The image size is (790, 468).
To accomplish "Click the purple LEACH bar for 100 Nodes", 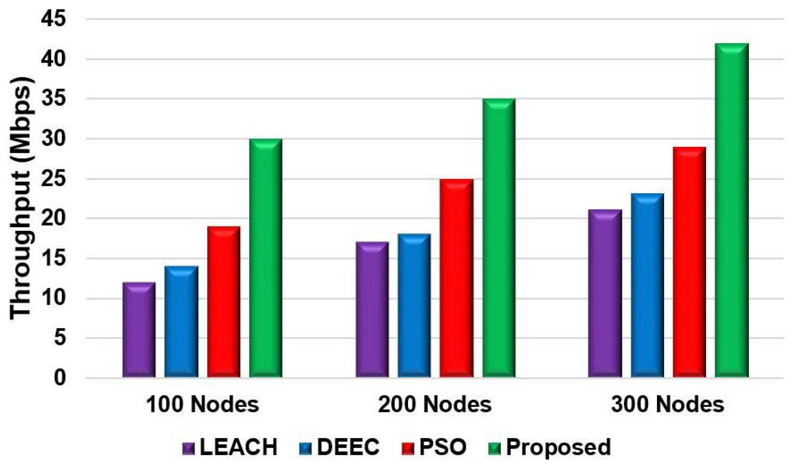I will tap(139, 330).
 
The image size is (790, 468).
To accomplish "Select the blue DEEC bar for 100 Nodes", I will tap(181, 321).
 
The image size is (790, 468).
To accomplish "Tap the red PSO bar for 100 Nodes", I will tap(224, 302).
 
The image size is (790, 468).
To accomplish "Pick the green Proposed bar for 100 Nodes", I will tap(266, 258).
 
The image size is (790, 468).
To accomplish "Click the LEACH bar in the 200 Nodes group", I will tap(372, 310).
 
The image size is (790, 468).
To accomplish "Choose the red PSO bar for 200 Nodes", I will tap(456, 278).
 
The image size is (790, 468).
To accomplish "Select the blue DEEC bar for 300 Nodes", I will tap(647, 285).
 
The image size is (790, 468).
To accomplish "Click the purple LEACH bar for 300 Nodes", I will tap(605, 293).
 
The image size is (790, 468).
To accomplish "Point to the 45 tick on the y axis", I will tap(55, 19).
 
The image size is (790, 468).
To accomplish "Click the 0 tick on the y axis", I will tap(60, 378).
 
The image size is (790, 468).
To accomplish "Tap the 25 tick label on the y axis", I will tap(55, 179).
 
